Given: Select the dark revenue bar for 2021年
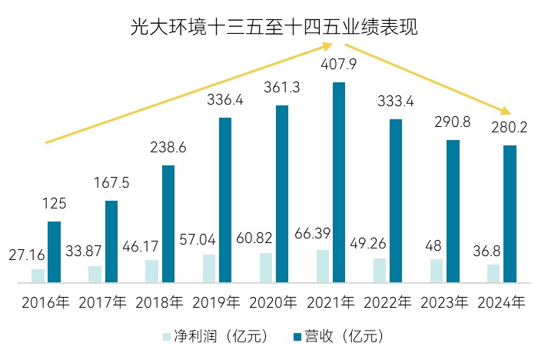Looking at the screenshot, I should (338, 182).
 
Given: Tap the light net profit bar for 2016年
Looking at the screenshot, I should (38, 275).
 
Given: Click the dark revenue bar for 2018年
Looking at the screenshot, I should (168, 224).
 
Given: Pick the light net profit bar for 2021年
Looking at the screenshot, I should (323, 266).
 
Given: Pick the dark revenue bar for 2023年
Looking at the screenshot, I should (453, 211).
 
